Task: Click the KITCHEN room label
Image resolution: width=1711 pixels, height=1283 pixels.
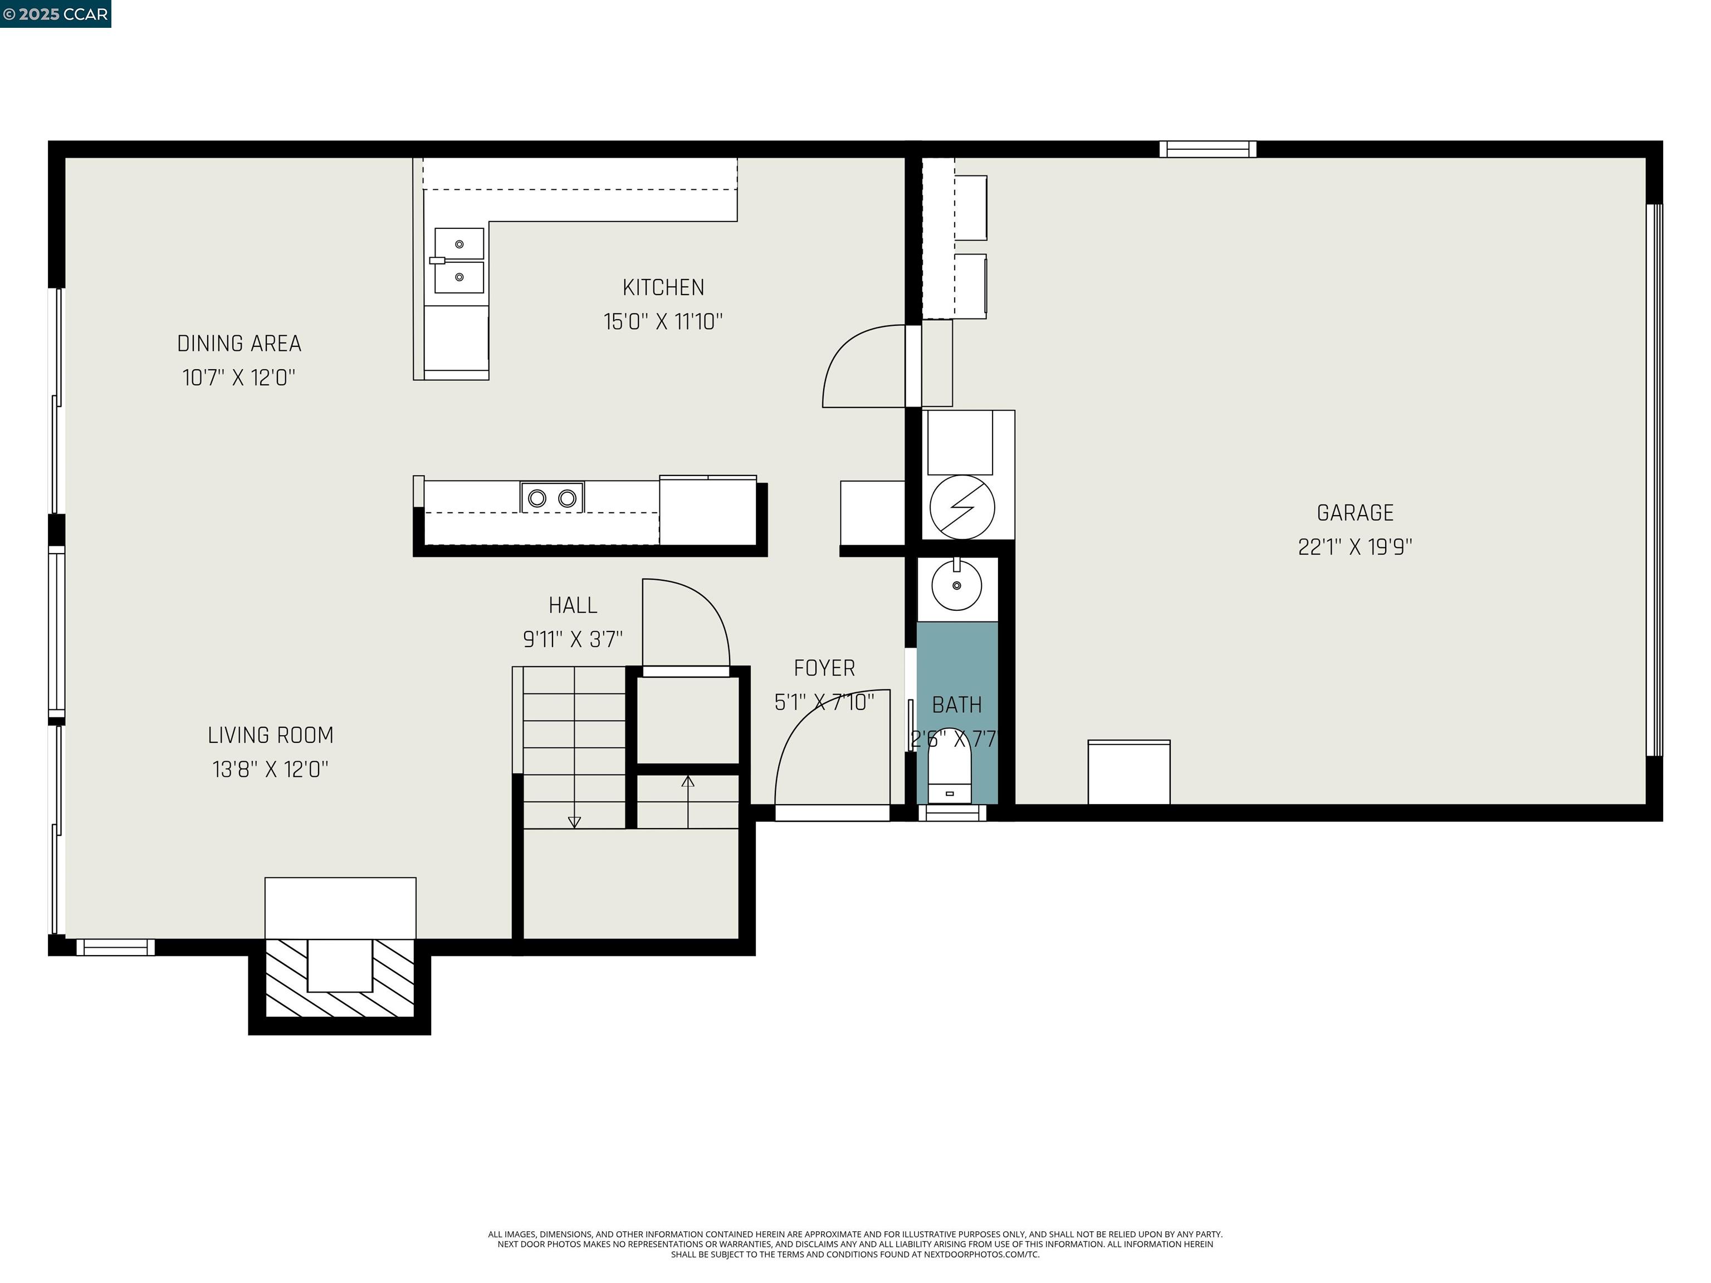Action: tap(663, 288)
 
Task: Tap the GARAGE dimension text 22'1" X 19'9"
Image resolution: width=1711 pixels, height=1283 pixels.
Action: tap(1355, 547)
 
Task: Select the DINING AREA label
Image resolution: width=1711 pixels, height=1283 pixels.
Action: tap(239, 344)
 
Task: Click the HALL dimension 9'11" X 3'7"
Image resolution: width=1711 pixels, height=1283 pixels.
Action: tap(573, 640)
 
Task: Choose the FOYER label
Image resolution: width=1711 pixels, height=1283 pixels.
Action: tap(824, 668)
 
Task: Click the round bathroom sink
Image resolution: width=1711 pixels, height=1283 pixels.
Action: tap(956, 585)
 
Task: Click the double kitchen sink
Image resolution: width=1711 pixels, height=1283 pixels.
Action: tap(459, 261)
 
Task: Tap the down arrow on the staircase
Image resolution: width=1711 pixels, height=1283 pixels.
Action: tap(574, 821)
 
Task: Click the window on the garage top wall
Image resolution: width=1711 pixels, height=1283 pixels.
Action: tap(1208, 149)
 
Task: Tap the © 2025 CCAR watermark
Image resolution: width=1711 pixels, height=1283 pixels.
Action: tap(55, 14)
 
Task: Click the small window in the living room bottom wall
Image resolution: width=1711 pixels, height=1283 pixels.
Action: tap(115, 947)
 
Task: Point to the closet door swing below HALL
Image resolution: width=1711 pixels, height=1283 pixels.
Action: tap(685, 623)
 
